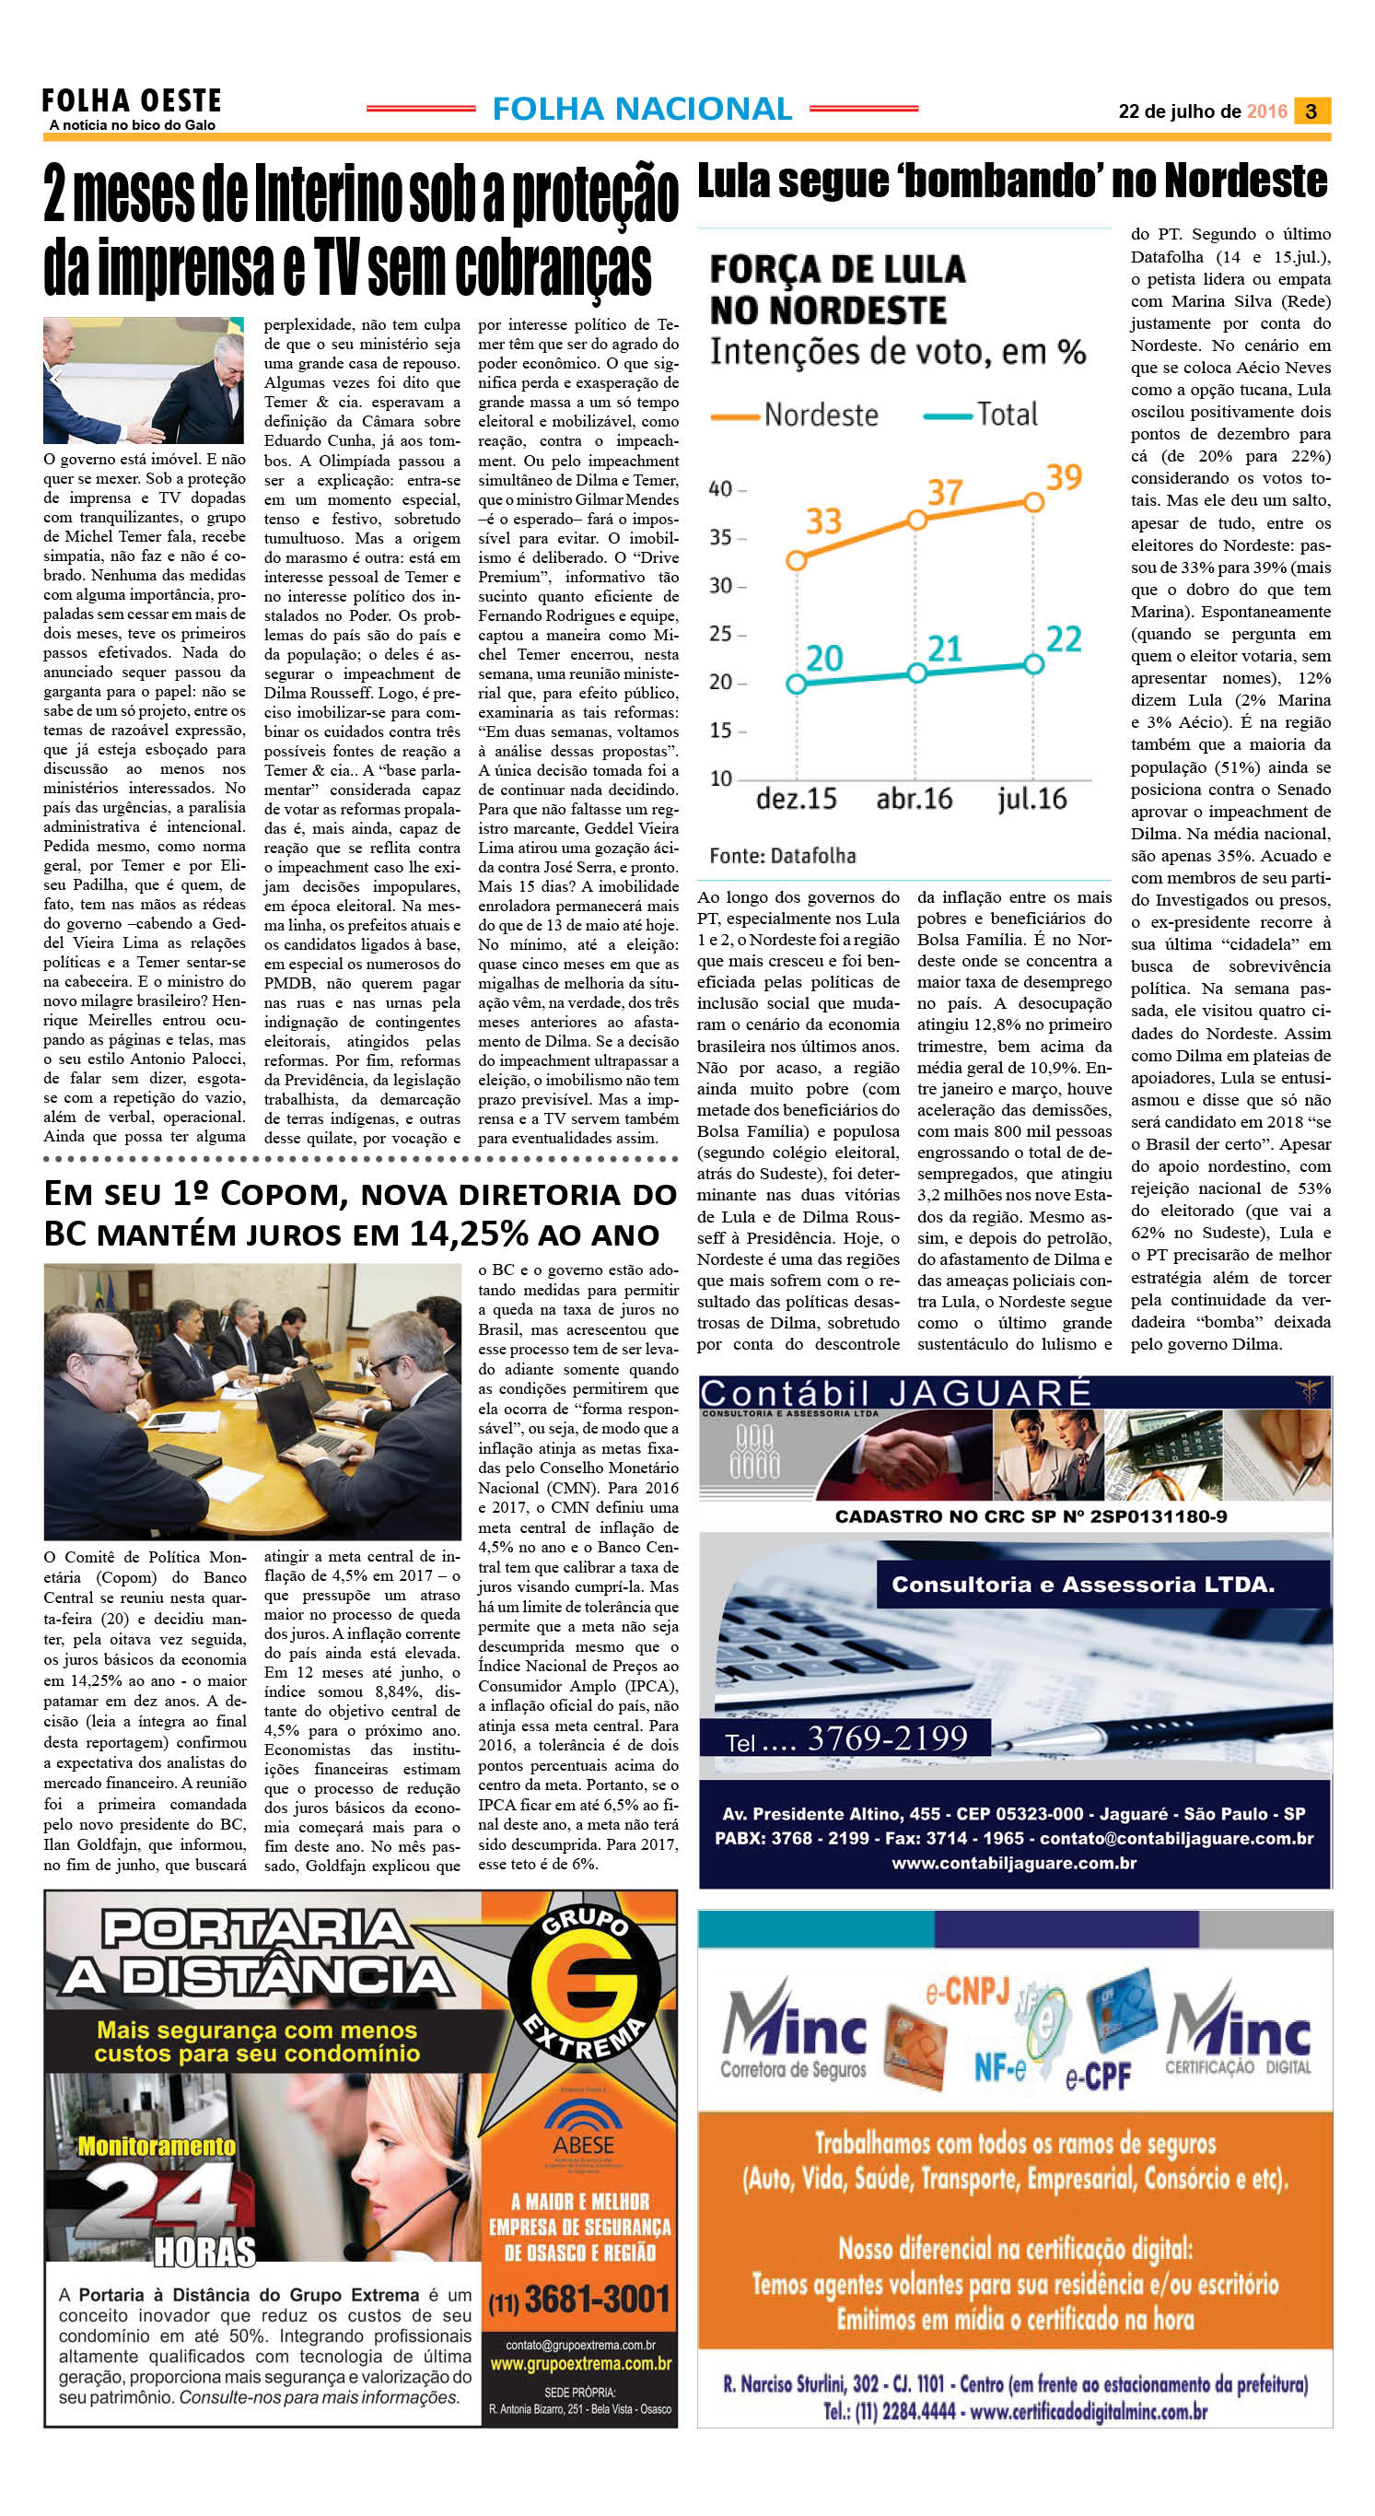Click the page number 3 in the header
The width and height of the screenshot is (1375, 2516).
point(1311,111)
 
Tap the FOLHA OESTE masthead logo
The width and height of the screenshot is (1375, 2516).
point(132,101)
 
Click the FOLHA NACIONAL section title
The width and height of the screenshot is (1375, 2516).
point(642,110)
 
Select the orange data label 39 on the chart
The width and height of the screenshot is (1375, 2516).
point(1064,477)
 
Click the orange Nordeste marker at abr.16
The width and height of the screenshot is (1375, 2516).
point(916,520)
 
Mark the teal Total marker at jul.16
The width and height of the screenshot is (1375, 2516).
point(1033,664)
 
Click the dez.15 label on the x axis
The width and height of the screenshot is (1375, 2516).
point(796,799)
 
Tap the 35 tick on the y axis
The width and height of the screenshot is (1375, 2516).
point(722,537)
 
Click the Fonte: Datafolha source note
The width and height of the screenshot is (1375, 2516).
point(782,856)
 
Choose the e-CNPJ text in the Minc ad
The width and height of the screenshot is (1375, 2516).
point(967,1990)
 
